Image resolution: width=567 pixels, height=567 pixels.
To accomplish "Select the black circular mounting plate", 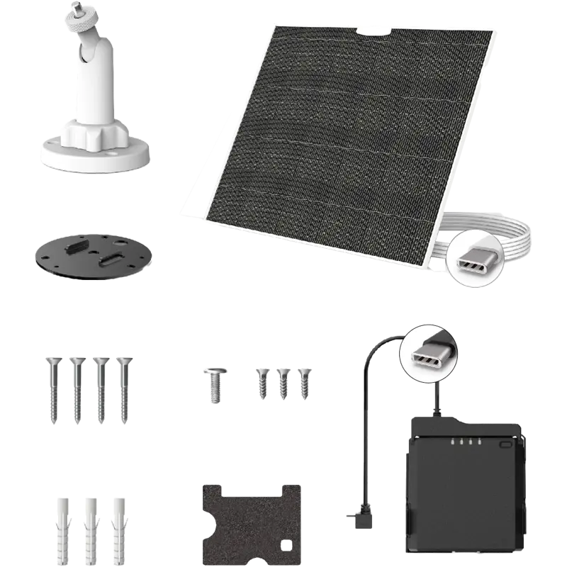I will [x=91, y=252].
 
